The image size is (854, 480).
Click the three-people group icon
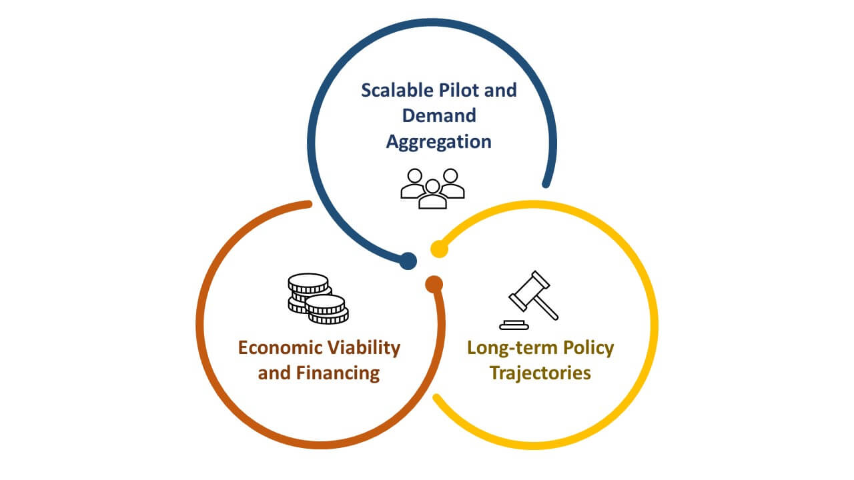pyautogui.click(x=432, y=188)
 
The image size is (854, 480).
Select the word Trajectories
pyautogui.click(x=540, y=373)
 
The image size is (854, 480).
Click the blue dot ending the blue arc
pyautogui.click(x=408, y=261)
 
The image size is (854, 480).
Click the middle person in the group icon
pyautogui.click(x=432, y=194)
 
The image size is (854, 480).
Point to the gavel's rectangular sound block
pyautogui.click(x=513, y=325)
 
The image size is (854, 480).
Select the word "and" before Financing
pyautogui.click(x=274, y=373)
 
